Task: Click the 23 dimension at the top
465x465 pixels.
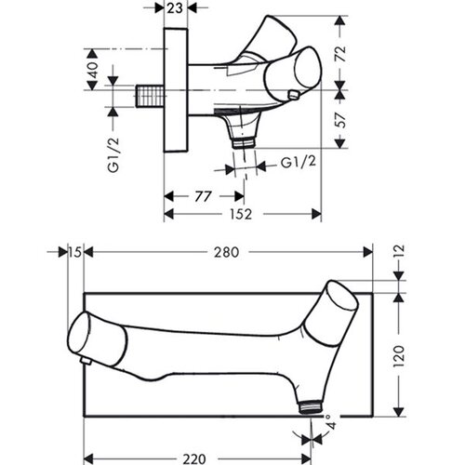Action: [x=175, y=8]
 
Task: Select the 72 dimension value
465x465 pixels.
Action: [x=340, y=53]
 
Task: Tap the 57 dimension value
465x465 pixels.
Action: [x=340, y=120]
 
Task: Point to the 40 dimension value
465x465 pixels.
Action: [x=93, y=70]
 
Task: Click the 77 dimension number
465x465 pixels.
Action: [x=204, y=196]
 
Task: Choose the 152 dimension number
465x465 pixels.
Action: [x=241, y=214]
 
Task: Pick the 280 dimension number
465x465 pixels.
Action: [x=227, y=252]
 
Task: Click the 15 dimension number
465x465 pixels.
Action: [x=75, y=252]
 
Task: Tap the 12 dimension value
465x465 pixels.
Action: [x=399, y=252]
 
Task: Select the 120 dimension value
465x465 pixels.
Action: [x=399, y=356]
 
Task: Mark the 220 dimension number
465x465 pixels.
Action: [x=194, y=458]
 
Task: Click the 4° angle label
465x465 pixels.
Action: [x=331, y=420]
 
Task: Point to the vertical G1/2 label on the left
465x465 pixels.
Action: [x=113, y=155]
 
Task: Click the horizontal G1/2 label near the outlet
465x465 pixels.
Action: [x=299, y=162]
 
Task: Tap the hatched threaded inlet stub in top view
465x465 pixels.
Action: [x=150, y=97]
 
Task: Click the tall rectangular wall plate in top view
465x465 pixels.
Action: [x=176, y=90]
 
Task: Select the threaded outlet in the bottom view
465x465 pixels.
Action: [x=311, y=406]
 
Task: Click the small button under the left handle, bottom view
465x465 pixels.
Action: [x=86, y=361]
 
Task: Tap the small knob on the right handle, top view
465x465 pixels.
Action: [x=293, y=95]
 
